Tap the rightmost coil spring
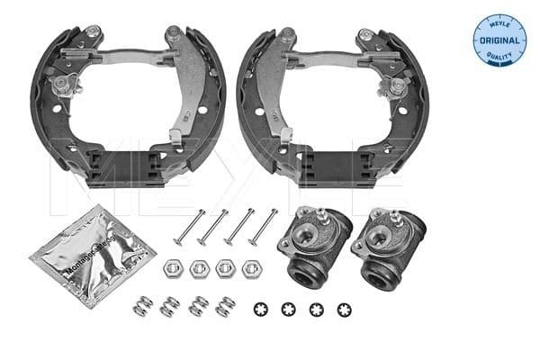pyautogui.click(x=226, y=306)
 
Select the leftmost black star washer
pyautogui.click(x=262, y=310)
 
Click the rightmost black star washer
pyautogui.click(x=343, y=310)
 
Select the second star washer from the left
pyautogui.click(x=289, y=310)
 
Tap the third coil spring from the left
pyautogui.click(x=199, y=306)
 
